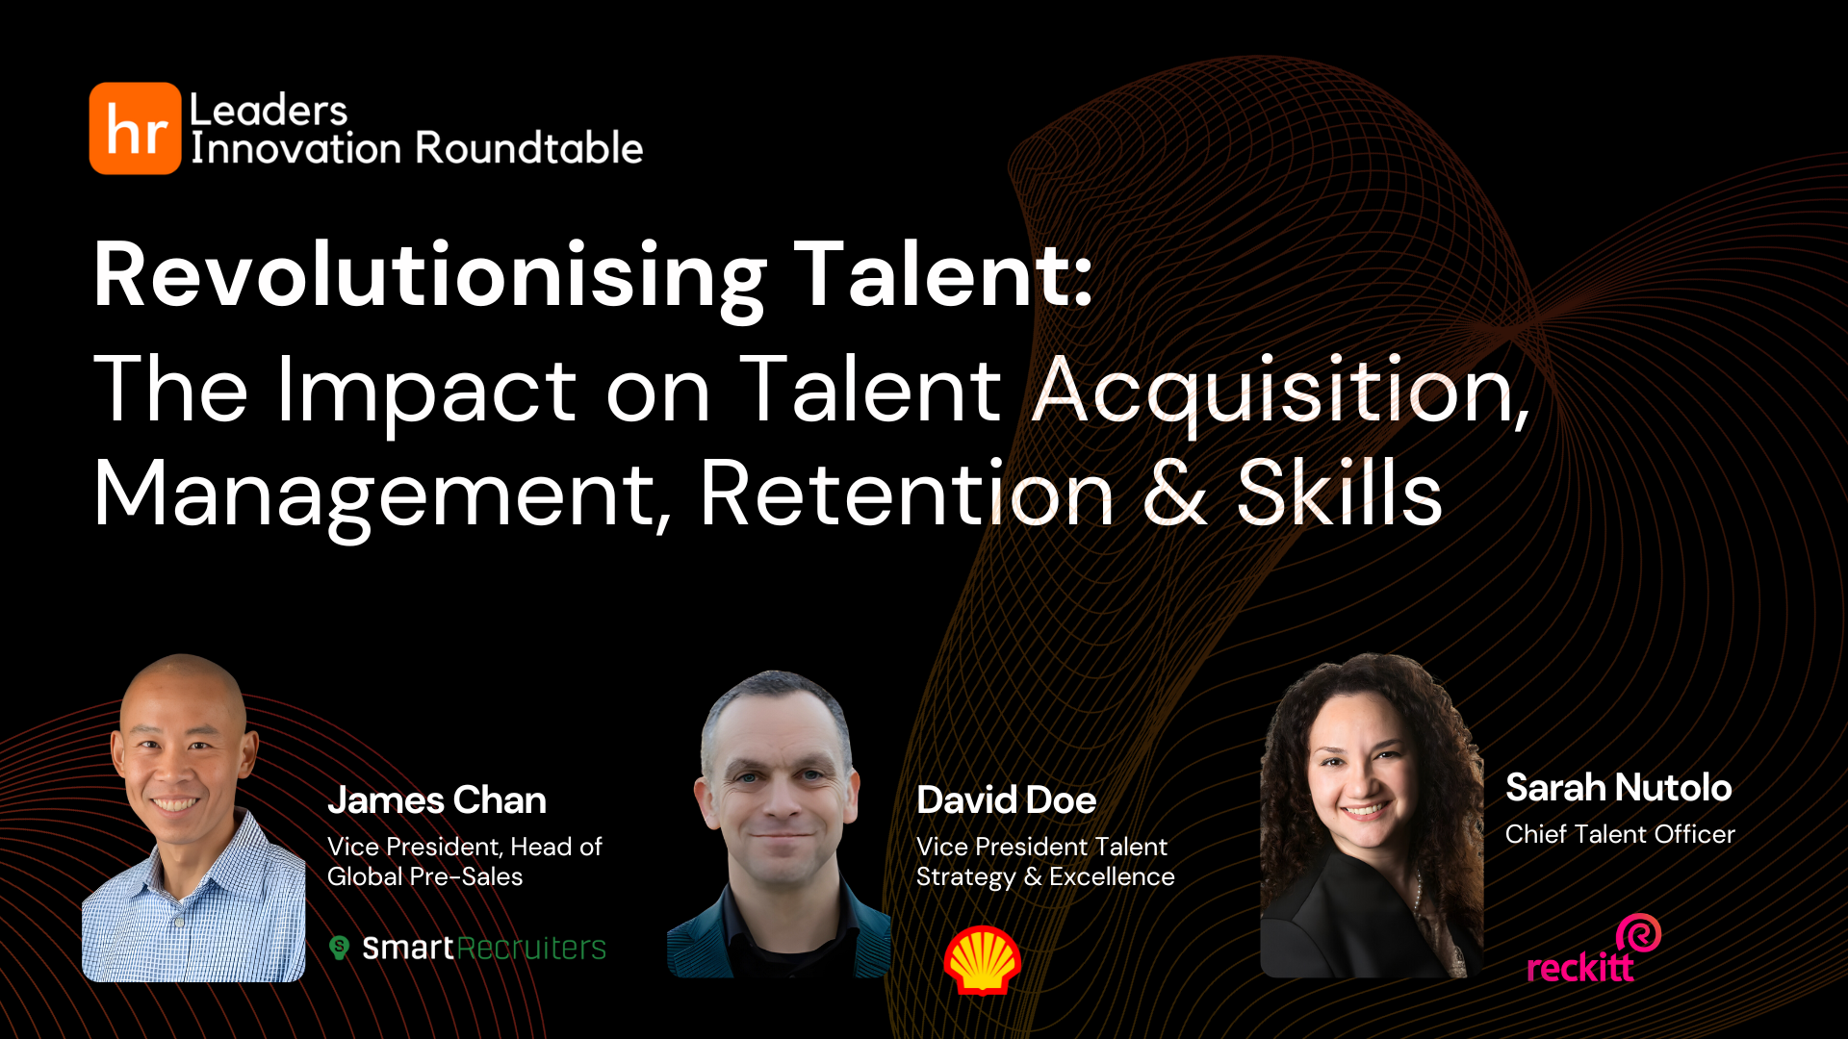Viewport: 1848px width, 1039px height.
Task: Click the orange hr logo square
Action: (x=135, y=128)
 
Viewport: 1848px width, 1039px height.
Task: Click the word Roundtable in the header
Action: (x=530, y=148)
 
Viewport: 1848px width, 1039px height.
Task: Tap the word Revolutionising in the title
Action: (x=429, y=276)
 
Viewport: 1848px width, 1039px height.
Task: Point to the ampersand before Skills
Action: (x=1174, y=494)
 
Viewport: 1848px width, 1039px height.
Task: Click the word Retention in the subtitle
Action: (x=906, y=494)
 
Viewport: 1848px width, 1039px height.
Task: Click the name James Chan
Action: (x=437, y=800)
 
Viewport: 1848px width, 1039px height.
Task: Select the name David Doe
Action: (x=1006, y=800)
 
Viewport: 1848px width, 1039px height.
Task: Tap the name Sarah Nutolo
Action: (x=1618, y=788)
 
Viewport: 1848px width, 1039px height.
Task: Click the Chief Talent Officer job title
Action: (x=1620, y=834)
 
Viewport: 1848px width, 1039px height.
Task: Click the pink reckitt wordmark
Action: (x=1579, y=967)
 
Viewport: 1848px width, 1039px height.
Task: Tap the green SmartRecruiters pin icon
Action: (x=339, y=948)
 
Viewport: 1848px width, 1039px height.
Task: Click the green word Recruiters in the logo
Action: (x=531, y=949)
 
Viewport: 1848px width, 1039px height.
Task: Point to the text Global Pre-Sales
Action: (x=424, y=876)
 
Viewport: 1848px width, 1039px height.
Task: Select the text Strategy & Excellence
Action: (x=1045, y=876)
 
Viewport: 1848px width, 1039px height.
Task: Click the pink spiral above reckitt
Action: (x=1638, y=932)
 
